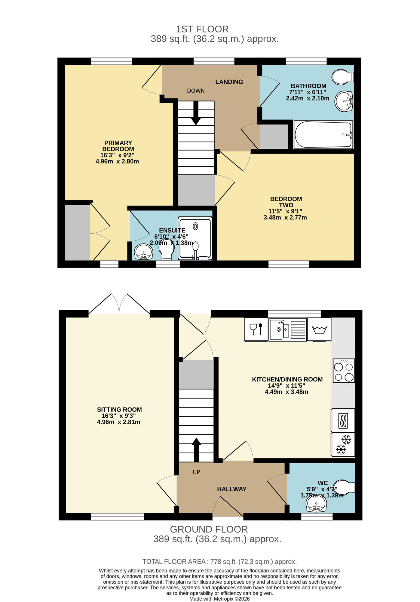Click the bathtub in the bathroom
[323, 135]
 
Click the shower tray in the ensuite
[195, 238]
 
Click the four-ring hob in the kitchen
[344, 371]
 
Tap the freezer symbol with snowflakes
[343, 445]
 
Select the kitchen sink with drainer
[287, 330]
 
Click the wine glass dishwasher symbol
[256, 329]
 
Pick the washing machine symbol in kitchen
[319, 330]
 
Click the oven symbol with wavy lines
[343, 420]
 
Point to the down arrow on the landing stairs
[196, 114]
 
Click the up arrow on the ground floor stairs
[196, 449]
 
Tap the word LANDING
[229, 82]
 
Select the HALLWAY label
[231, 489]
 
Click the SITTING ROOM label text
[119, 409]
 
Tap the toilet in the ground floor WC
[344, 487]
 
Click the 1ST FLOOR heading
[202, 29]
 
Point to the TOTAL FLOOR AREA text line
[219, 562]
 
